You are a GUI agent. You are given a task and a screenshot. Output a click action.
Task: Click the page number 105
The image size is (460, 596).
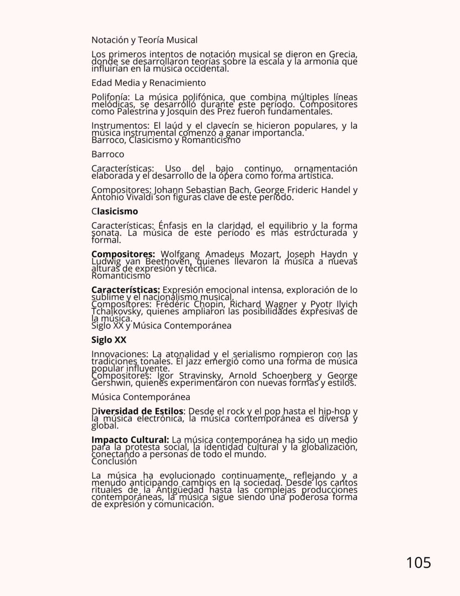click(418, 563)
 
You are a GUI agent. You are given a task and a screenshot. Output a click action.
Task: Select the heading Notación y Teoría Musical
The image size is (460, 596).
click(144, 40)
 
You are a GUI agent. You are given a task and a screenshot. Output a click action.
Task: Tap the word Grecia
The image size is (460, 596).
click(343, 55)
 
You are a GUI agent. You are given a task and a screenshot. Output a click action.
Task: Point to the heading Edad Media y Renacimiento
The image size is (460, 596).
click(149, 83)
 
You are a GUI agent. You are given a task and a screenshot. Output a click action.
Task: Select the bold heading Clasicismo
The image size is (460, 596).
click(115, 211)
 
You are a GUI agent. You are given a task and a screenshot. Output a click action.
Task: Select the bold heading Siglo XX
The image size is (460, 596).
click(109, 340)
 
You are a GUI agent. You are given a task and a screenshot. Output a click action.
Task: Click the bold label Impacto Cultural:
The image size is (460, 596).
click(130, 440)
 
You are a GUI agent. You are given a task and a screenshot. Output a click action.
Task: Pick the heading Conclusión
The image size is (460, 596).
click(114, 461)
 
